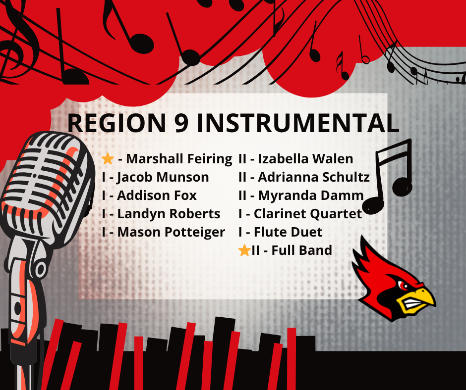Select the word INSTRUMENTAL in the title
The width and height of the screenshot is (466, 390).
297,123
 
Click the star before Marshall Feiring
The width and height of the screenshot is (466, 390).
108,159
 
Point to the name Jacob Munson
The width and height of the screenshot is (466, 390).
163,177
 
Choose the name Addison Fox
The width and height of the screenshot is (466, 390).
157,195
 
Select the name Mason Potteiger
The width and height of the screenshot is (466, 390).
171,232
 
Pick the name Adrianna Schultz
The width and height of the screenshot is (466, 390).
314,177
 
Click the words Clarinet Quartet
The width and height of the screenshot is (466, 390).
308,214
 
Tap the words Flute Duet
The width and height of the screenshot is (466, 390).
288,232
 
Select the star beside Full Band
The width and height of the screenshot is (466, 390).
244,250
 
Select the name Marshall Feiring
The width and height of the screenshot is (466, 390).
179,159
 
